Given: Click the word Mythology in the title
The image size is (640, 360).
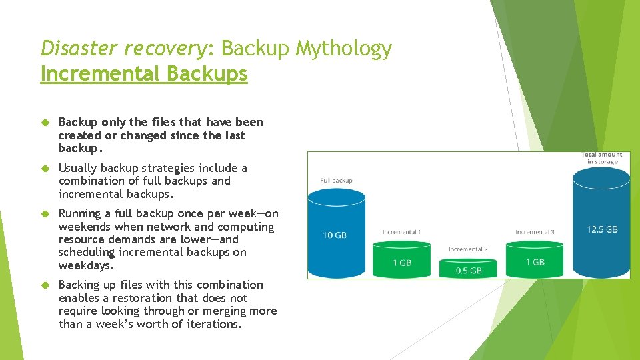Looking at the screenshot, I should tap(344, 49).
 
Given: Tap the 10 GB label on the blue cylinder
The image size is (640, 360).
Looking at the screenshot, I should tap(335, 235).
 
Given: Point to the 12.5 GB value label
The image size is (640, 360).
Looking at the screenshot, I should tap(602, 229).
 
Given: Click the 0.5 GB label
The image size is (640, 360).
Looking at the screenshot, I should tap(468, 271).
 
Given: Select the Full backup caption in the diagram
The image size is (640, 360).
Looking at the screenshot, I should tap(336, 180).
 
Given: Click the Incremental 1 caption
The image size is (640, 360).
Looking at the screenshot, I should tap(401, 232).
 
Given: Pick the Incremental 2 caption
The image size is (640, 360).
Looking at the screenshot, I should tap(467, 249).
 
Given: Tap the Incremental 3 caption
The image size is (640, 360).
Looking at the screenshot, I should tap(535, 232).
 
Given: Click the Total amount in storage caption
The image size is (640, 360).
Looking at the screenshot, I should tap(602, 158).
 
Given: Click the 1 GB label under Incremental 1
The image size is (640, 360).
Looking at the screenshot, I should tap(401, 263).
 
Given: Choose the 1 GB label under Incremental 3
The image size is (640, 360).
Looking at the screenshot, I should tap(535, 262).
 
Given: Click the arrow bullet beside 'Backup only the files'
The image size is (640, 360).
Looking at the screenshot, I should tap(45, 123).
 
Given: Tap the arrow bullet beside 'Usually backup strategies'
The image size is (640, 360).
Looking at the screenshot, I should tap(45, 169).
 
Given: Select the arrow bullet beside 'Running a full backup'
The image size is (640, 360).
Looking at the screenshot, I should tap(45, 214).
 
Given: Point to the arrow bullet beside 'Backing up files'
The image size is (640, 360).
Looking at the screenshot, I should tap(45, 285).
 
